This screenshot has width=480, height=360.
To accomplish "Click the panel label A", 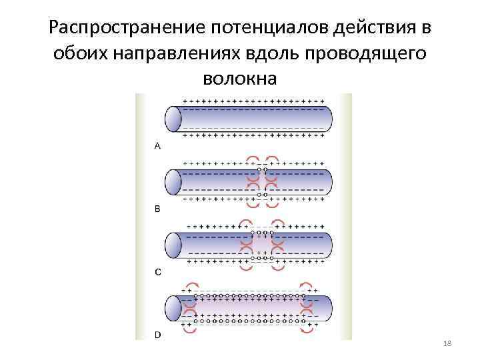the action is tap(157, 146).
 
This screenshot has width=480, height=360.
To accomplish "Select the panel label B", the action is tap(157, 209).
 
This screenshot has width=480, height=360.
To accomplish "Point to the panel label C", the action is tap(157, 271).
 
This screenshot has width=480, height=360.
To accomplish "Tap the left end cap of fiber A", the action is tap(173, 119).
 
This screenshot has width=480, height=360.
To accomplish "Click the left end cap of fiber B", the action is tap(173, 181).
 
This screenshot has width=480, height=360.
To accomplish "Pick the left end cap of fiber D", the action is tap(173, 309).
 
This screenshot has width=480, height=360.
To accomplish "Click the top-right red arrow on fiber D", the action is tap(307, 287).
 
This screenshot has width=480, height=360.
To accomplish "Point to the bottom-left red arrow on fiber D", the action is tap(189, 329).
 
